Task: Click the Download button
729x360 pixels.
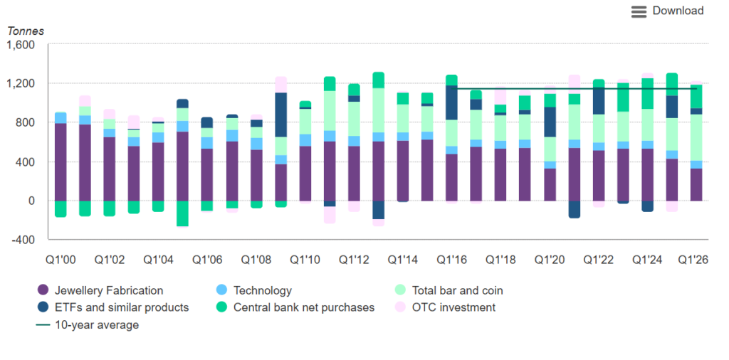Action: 667,11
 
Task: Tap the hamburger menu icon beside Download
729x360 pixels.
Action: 639,11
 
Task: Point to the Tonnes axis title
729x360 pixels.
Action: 26,31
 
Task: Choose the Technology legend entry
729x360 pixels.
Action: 254,291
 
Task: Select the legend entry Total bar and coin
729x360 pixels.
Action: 449,291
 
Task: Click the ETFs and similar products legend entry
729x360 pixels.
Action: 113,307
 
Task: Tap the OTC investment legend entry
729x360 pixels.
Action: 445,307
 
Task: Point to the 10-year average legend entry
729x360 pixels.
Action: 88,325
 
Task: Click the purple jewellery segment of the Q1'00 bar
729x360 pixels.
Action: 61,162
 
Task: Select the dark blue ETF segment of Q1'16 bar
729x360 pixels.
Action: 451,102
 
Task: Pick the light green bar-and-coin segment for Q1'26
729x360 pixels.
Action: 696,137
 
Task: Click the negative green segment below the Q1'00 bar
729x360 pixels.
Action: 61,209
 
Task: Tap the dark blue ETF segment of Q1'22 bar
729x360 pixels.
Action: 598,101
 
